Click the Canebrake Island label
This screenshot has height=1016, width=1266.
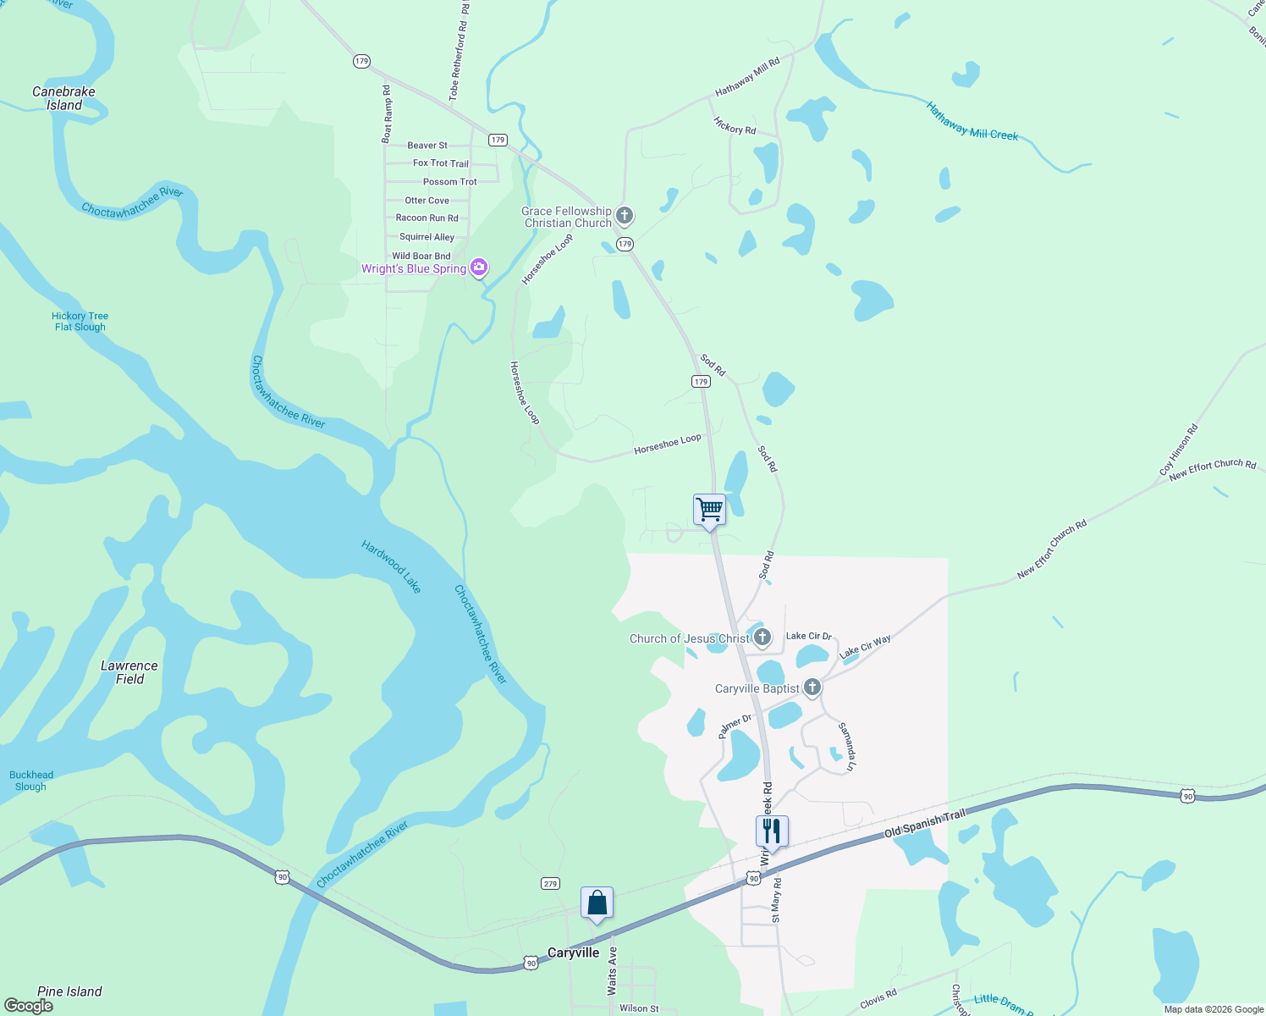click(63, 98)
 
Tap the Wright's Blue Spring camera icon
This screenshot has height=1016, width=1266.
click(479, 268)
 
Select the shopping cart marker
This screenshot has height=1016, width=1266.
click(709, 510)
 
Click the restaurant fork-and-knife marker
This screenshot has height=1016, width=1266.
click(772, 831)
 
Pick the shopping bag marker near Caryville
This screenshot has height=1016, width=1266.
click(597, 903)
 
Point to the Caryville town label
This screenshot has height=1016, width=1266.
click(573, 952)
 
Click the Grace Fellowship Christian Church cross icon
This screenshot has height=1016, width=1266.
click(625, 216)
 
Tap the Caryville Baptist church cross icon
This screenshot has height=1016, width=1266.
click(812, 687)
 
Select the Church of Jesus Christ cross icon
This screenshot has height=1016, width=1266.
click(762, 638)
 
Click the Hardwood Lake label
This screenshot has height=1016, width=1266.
click(391, 566)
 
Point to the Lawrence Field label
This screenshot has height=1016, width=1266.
click(129, 672)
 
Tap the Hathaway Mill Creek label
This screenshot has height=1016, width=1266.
click(972, 121)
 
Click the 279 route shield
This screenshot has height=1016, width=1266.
click(550, 884)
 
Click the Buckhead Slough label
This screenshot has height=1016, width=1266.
click(31, 781)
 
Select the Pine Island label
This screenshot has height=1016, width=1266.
click(69, 991)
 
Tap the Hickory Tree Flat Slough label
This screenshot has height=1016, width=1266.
click(80, 322)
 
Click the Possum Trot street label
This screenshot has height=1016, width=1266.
click(449, 182)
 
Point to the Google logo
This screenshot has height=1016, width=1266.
click(28, 1006)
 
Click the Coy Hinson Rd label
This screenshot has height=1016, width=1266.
click(1179, 450)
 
